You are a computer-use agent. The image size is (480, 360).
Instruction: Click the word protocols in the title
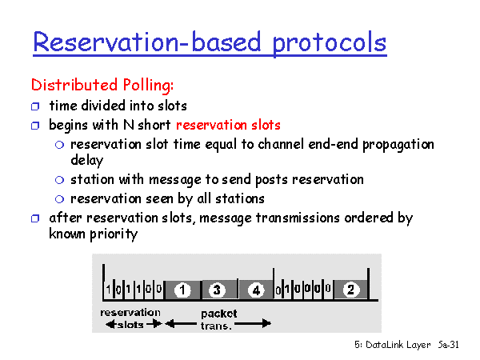[330, 43]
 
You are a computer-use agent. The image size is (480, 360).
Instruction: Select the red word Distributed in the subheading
[74, 85]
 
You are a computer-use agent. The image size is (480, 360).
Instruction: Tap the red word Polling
[148, 85]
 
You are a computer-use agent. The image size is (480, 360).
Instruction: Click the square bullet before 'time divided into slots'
[35, 106]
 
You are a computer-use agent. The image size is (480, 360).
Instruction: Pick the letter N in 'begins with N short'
[129, 125]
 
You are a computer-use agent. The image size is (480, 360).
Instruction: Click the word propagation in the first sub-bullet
[398, 145]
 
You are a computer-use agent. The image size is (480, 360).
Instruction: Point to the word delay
[87, 161]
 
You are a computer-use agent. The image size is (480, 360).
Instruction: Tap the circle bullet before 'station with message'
[59, 180]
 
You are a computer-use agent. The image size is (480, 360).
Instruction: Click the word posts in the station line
[271, 180]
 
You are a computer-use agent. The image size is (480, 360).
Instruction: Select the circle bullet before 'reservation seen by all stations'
[59, 199]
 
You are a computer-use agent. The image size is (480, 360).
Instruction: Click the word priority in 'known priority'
[114, 234]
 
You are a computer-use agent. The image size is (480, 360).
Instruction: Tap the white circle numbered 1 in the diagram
[182, 290]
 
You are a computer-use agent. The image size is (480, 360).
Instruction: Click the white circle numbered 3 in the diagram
[217, 290]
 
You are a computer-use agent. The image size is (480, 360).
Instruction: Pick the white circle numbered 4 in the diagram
[256, 290]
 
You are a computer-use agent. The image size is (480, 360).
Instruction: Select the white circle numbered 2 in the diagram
[351, 290]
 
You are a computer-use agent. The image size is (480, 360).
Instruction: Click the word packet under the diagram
[219, 314]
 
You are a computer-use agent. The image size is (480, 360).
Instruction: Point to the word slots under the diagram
[130, 325]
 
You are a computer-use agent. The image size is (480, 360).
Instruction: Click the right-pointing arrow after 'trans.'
[253, 323]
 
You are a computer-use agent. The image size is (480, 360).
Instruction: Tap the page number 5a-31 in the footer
[448, 345]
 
